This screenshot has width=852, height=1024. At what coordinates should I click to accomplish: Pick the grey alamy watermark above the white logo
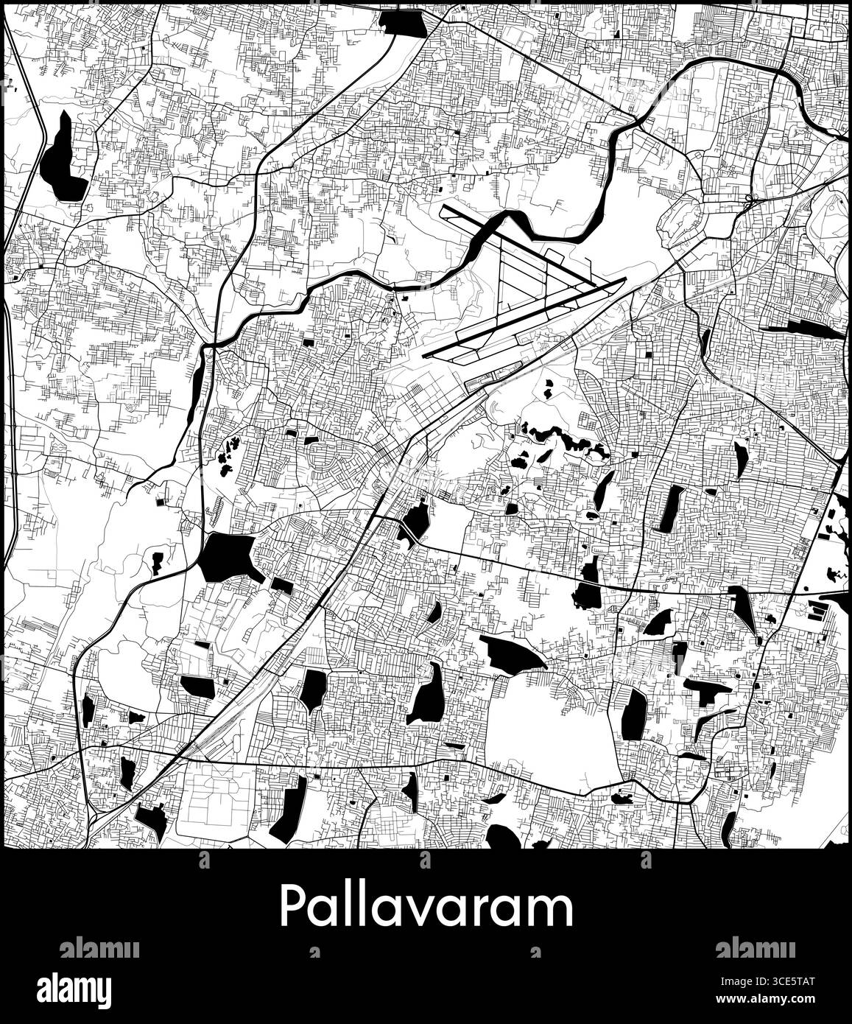click(x=99, y=948)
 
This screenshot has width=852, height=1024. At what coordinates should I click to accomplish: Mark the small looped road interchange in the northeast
click(x=750, y=199)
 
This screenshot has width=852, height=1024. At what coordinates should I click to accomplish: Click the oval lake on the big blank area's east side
click(x=633, y=713)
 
